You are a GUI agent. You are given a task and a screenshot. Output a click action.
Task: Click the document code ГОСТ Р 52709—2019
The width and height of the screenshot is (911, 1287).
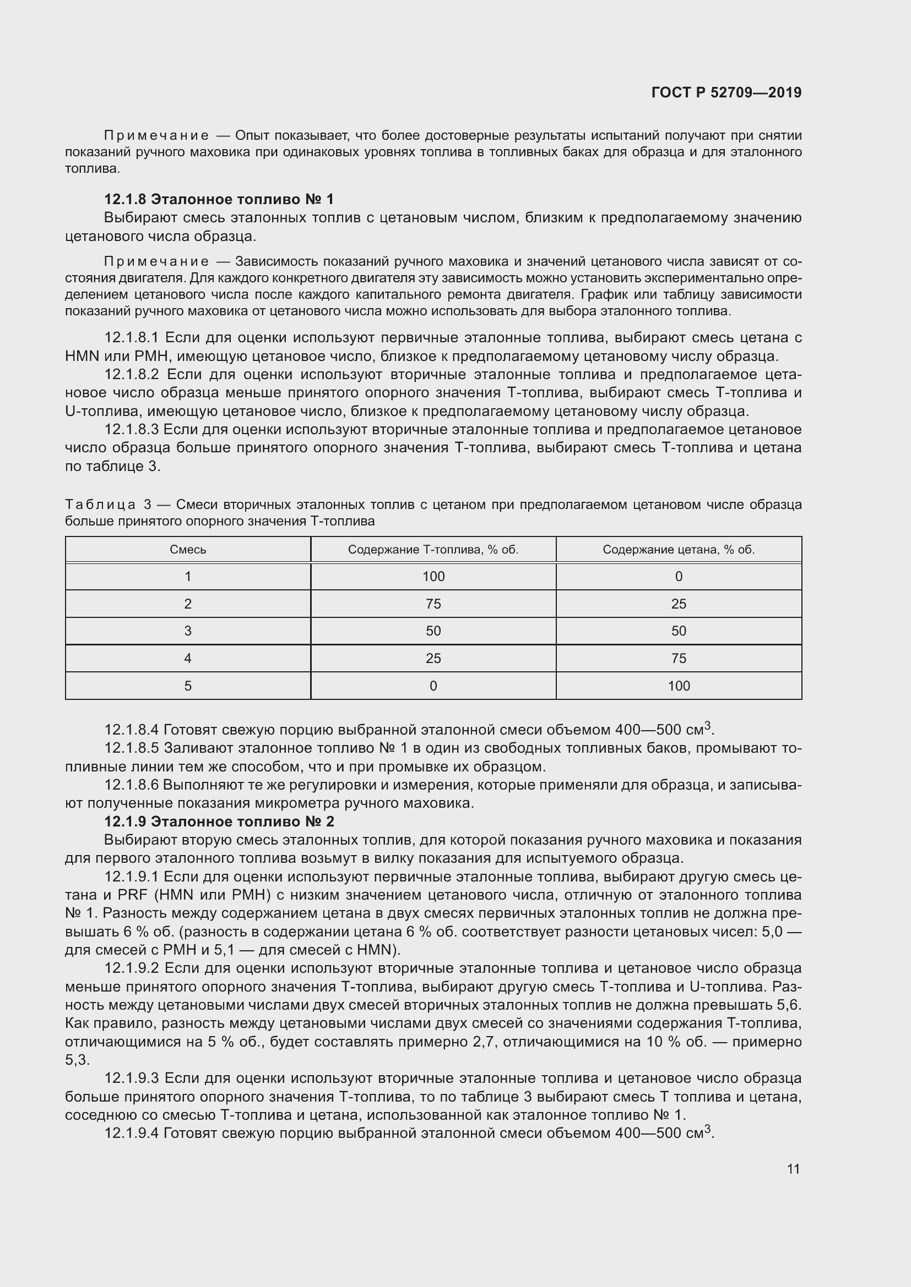click(x=726, y=92)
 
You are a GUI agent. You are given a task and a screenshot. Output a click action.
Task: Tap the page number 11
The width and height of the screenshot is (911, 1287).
click(x=793, y=1169)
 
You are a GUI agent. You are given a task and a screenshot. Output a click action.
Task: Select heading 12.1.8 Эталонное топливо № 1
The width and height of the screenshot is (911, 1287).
click(x=219, y=199)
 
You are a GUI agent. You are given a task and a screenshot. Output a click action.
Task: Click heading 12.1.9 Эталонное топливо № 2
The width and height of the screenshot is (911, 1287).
click(x=219, y=822)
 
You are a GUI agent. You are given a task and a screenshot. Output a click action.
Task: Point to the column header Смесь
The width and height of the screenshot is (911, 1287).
click(x=188, y=549)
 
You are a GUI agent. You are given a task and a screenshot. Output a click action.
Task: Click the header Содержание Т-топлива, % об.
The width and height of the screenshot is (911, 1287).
click(x=433, y=549)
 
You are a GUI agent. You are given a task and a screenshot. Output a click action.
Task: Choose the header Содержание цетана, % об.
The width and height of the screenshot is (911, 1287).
click(x=679, y=549)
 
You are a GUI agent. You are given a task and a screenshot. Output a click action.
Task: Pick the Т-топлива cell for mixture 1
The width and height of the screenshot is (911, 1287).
click(x=433, y=576)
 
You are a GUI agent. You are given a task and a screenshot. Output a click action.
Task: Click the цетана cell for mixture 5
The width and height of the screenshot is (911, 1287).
click(x=679, y=686)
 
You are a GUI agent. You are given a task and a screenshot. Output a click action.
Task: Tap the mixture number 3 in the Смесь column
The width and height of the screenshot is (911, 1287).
click(x=188, y=631)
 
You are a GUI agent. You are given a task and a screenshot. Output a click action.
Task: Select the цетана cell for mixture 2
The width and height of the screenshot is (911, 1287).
click(x=679, y=604)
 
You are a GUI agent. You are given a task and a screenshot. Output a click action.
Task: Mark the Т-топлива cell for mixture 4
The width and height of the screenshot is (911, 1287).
click(x=433, y=658)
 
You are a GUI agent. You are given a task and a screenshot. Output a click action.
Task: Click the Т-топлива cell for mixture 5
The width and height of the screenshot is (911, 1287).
click(x=433, y=686)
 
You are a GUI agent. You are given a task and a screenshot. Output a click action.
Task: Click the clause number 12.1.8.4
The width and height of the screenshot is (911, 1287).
click(x=132, y=730)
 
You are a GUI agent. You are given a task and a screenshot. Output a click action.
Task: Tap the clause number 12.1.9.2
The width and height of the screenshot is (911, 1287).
click(x=132, y=968)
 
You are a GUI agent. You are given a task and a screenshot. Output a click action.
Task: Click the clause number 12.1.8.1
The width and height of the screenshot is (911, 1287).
click(x=132, y=337)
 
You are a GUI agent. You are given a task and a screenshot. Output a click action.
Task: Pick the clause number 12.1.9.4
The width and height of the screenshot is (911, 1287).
click(x=132, y=1133)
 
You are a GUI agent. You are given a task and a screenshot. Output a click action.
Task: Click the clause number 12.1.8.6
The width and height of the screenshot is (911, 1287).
click(x=132, y=785)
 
